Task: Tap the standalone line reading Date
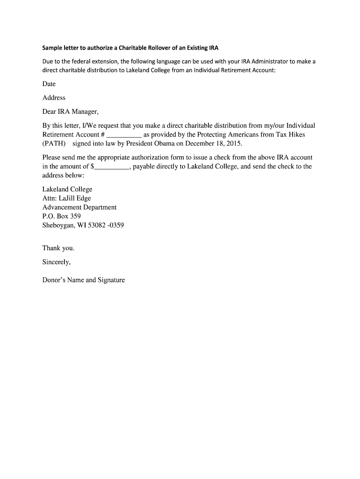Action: tap(49, 84)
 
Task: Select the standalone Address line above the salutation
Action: tap(54, 98)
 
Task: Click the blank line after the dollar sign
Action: tap(112, 167)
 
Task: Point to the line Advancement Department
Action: tap(79, 207)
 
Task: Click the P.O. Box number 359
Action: tap(75, 216)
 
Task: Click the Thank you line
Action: tap(58, 248)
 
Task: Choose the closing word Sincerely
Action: tap(57, 262)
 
